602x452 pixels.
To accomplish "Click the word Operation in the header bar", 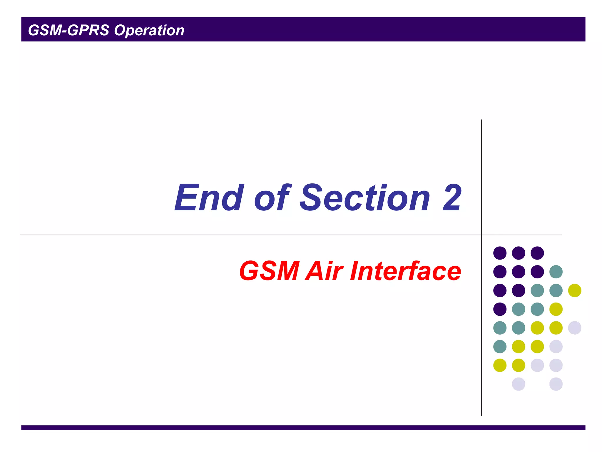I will pos(149,30).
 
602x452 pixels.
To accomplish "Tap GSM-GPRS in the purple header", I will pos(68,30).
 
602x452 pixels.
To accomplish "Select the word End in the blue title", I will pos(209,197).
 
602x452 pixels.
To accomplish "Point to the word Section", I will pos(364,197).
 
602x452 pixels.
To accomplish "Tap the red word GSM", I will pos(269,271).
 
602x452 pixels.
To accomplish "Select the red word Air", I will pos(324,271).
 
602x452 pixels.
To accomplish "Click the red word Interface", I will pos(406,271).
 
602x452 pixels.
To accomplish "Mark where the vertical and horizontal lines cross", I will pos(481,235).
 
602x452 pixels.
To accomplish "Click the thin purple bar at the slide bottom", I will pos(303,428).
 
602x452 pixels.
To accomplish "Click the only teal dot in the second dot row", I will pos(556,272).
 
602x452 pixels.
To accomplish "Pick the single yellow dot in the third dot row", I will pos(575,290).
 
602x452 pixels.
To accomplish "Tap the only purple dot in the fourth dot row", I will pos(500,309).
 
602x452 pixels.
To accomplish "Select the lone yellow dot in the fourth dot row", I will pos(556,309).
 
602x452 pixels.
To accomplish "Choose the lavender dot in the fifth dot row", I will pos(575,328).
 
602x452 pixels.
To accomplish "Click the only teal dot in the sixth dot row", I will pos(500,346).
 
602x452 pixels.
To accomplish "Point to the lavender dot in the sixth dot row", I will pos(556,346).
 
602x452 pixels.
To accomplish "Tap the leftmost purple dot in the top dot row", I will pos(500,253).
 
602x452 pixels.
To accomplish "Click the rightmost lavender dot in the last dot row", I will pos(556,384).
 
